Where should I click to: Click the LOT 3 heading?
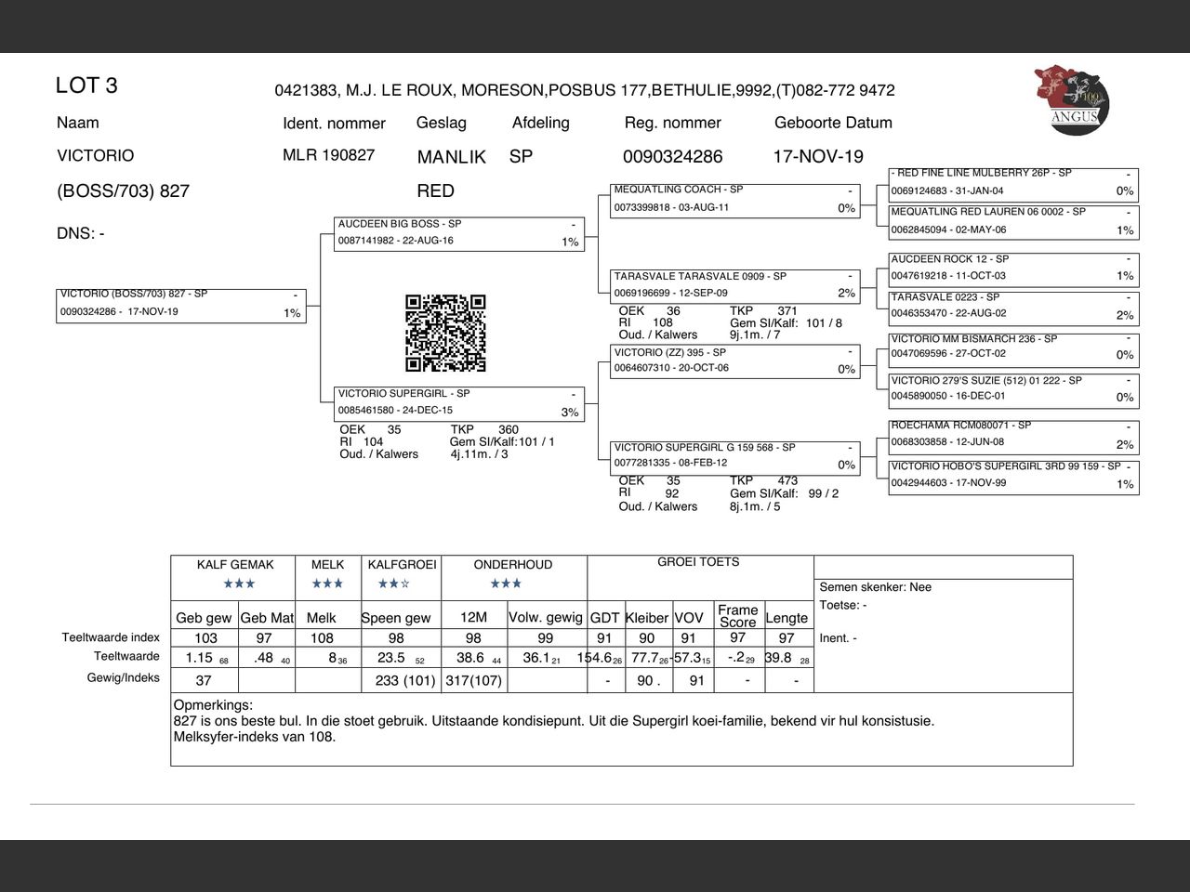pos(86,85)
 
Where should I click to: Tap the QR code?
pos(445,333)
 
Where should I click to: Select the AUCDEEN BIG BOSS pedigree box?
pos(459,233)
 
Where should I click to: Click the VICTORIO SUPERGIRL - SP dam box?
pos(459,402)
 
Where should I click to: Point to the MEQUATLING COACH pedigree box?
pos(735,199)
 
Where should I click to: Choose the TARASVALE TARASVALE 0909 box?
pos(735,285)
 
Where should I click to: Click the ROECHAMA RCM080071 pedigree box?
pos(1013,435)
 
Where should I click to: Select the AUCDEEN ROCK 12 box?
pos(1013,268)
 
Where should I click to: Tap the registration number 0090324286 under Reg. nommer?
pos(672,156)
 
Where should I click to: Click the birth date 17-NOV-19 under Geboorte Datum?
pos(818,156)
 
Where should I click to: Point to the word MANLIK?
pos(451,157)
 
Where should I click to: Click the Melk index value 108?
pos(322,638)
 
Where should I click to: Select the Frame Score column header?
pos(737,616)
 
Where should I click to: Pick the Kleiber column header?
pos(647,618)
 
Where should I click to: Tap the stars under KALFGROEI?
pos(394,584)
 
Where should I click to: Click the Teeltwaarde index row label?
pos(111,637)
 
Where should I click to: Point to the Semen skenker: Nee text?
pos(875,587)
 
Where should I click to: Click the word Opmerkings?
pos(213,705)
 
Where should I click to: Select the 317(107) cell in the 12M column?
pos(474,680)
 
